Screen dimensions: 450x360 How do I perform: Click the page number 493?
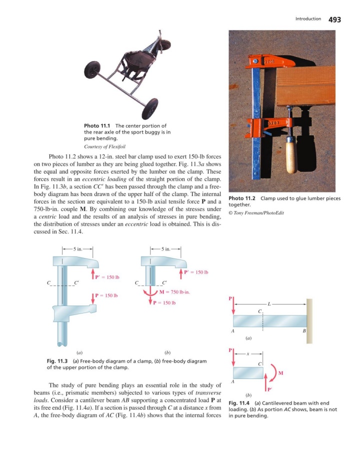point(334,19)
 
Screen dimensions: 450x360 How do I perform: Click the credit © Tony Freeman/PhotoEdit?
point(256,213)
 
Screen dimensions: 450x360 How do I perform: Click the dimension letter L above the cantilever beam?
point(269,304)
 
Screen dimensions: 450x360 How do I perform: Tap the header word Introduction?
point(308,19)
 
